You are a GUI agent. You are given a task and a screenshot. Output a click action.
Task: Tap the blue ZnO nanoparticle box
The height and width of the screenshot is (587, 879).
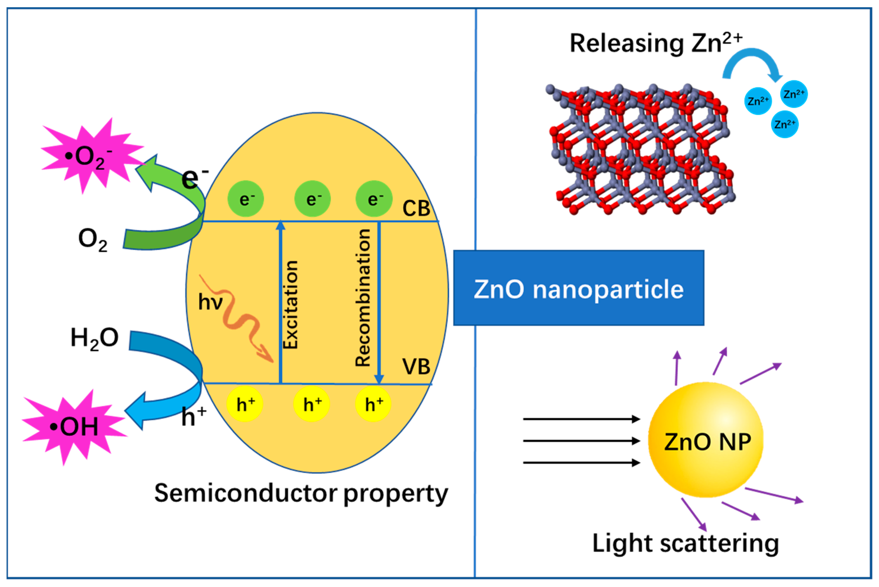click(x=578, y=288)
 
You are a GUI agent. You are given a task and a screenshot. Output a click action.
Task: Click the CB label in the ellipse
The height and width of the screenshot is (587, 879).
click(x=416, y=208)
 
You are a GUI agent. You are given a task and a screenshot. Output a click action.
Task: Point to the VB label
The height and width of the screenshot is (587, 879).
click(x=416, y=367)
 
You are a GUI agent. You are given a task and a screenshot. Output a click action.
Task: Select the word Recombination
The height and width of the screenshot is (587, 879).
click(x=363, y=298)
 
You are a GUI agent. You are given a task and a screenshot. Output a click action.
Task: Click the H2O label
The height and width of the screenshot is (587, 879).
click(x=94, y=338)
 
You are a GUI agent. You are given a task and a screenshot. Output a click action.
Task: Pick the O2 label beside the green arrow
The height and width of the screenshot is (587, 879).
click(x=92, y=240)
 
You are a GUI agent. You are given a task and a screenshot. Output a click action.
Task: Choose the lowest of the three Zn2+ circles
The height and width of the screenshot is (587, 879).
click(x=785, y=124)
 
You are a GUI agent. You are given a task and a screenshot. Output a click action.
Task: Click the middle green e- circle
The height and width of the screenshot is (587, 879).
click(x=312, y=199)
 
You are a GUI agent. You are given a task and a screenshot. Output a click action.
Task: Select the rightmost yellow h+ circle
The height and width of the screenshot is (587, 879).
click(x=373, y=404)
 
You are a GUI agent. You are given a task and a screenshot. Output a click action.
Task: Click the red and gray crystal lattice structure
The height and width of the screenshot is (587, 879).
click(x=641, y=150)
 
